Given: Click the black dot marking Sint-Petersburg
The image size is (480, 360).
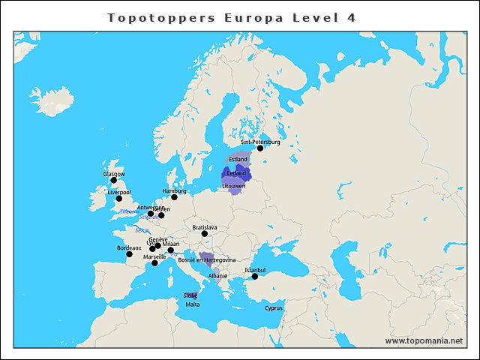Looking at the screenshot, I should [x=260, y=148].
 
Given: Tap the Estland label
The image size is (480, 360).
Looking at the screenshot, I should [x=238, y=160].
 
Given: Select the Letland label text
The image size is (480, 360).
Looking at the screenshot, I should [x=235, y=173].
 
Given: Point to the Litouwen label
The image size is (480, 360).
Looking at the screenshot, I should [x=233, y=186].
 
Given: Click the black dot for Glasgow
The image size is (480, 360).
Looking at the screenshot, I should [x=114, y=180].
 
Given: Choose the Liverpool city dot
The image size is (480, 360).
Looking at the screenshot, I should [x=118, y=198].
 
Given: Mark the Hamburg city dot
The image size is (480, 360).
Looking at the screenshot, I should [x=174, y=197].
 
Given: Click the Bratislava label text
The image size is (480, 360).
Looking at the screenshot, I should [x=204, y=226].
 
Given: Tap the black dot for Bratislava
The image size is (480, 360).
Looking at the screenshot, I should [x=204, y=233].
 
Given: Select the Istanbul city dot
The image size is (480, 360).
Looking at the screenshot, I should [x=254, y=276].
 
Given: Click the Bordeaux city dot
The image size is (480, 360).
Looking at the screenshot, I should [x=129, y=254].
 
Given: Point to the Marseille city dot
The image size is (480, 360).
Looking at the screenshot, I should [x=154, y=263].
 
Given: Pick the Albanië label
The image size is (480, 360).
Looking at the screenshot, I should [x=217, y=276].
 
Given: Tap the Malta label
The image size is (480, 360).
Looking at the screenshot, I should [x=193, y=304].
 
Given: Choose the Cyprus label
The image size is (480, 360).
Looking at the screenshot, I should [x=274, y=307].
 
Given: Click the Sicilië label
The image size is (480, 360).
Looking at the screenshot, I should [x=190, y=296].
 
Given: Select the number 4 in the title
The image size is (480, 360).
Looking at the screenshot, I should [x=351, y=16].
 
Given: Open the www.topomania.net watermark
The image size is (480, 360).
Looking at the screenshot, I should [x=424, y=340].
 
